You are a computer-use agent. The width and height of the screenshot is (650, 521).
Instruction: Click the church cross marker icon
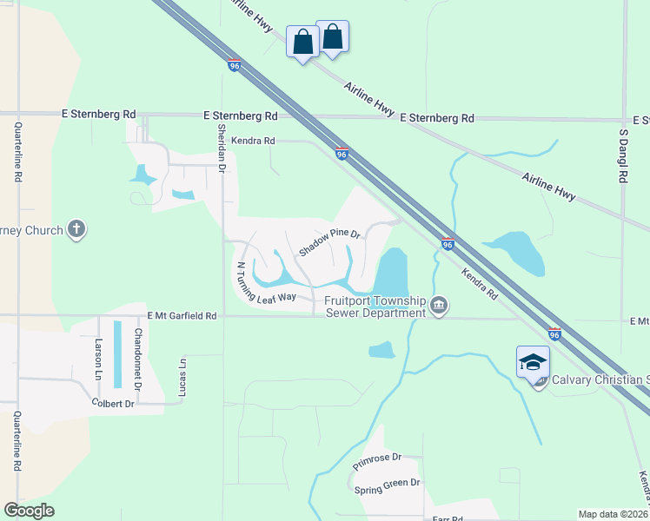tap(76, 230)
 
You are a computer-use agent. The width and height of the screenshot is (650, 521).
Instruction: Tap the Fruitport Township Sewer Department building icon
tap(439, 307)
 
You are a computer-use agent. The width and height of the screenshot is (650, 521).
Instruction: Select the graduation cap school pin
tap(532, 363)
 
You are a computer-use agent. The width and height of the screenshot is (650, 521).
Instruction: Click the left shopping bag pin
tap(302, 41)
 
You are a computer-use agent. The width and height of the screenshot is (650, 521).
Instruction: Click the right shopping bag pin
tap(332, 36)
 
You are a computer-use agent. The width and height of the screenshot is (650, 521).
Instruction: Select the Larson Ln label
tap(99, 356)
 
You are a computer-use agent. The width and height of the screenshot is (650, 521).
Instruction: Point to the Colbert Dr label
tap(113, 404)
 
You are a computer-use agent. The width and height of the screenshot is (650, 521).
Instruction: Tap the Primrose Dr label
tap(377, 461)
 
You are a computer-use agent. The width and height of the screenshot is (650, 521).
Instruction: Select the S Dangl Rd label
tap(623, 156)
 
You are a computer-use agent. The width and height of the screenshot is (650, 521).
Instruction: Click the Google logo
tap(29, 511)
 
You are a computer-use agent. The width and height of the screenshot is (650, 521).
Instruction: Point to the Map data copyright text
tap(614, 514)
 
